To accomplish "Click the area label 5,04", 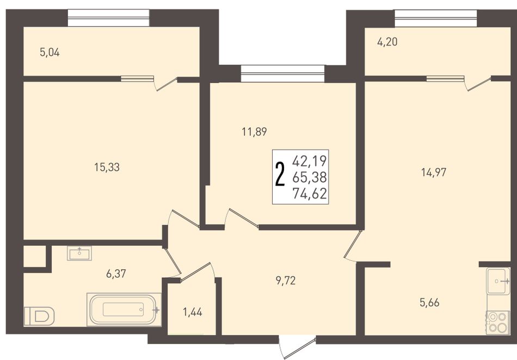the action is [50, 52].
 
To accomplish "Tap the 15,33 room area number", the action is [107, 167].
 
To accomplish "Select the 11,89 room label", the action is [254, 132].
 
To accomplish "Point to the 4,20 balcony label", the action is [387, 42].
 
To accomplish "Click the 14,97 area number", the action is [434, 172].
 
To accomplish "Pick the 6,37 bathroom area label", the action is [116, 274].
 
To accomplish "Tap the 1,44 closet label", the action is [193, 312].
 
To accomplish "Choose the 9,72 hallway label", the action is [286, 281].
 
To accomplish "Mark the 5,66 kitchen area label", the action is [429, 302].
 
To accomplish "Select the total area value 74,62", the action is [310, 194].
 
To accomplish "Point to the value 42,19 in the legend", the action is [310, 161].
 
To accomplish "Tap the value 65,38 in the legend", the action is [310, 177].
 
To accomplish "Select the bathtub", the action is [124, 309].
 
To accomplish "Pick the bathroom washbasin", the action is [79, 253].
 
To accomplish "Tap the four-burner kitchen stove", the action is [498, 322].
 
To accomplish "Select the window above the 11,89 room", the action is [282, 73].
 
